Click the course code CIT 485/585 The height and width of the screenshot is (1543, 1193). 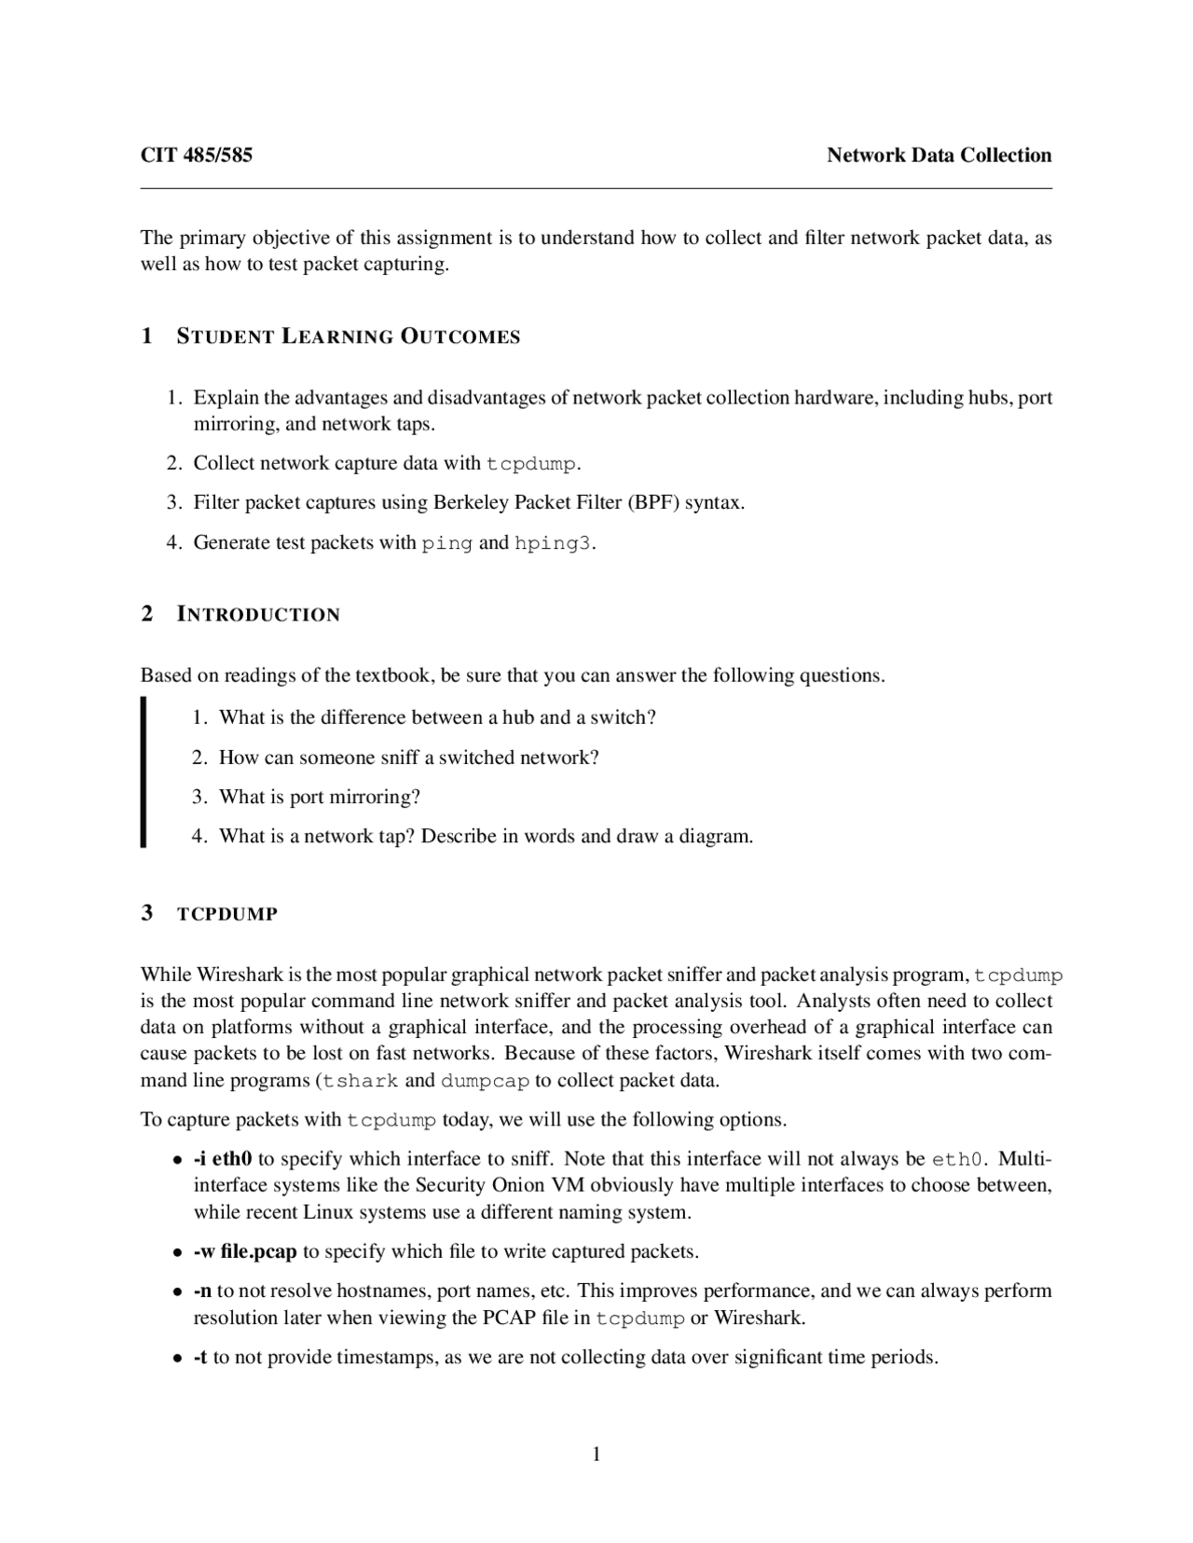(x=196, y=156)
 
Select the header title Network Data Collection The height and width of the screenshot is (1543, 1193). (x=939, y=156)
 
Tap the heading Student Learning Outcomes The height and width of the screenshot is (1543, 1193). (x=348, y=336)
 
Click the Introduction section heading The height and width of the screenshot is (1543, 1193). (x=258, y=614)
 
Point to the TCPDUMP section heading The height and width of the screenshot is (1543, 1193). (x=227, y=914)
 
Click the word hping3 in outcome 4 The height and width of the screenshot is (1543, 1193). (x=553, y=543)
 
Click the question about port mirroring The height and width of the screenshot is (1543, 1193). (x=320, y=797)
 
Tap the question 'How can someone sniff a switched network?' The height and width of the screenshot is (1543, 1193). (x=408, y=757)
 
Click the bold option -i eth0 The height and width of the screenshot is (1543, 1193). (x=223, y=1159)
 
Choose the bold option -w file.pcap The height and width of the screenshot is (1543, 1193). (x=245, y=1251)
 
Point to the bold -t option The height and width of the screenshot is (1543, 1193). (x=200, y=1357)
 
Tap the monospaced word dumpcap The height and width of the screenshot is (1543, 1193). (x=485, y=1081)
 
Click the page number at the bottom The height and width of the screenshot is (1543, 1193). (x=596, y=1454)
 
